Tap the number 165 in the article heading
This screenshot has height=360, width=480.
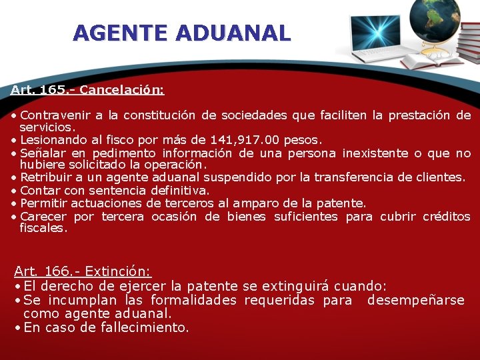[x=48, y=89]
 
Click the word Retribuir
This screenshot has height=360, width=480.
[x=44, y=177]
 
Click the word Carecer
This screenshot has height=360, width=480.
[x=43, y=216]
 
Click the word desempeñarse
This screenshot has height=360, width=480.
[x=415, y=300]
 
